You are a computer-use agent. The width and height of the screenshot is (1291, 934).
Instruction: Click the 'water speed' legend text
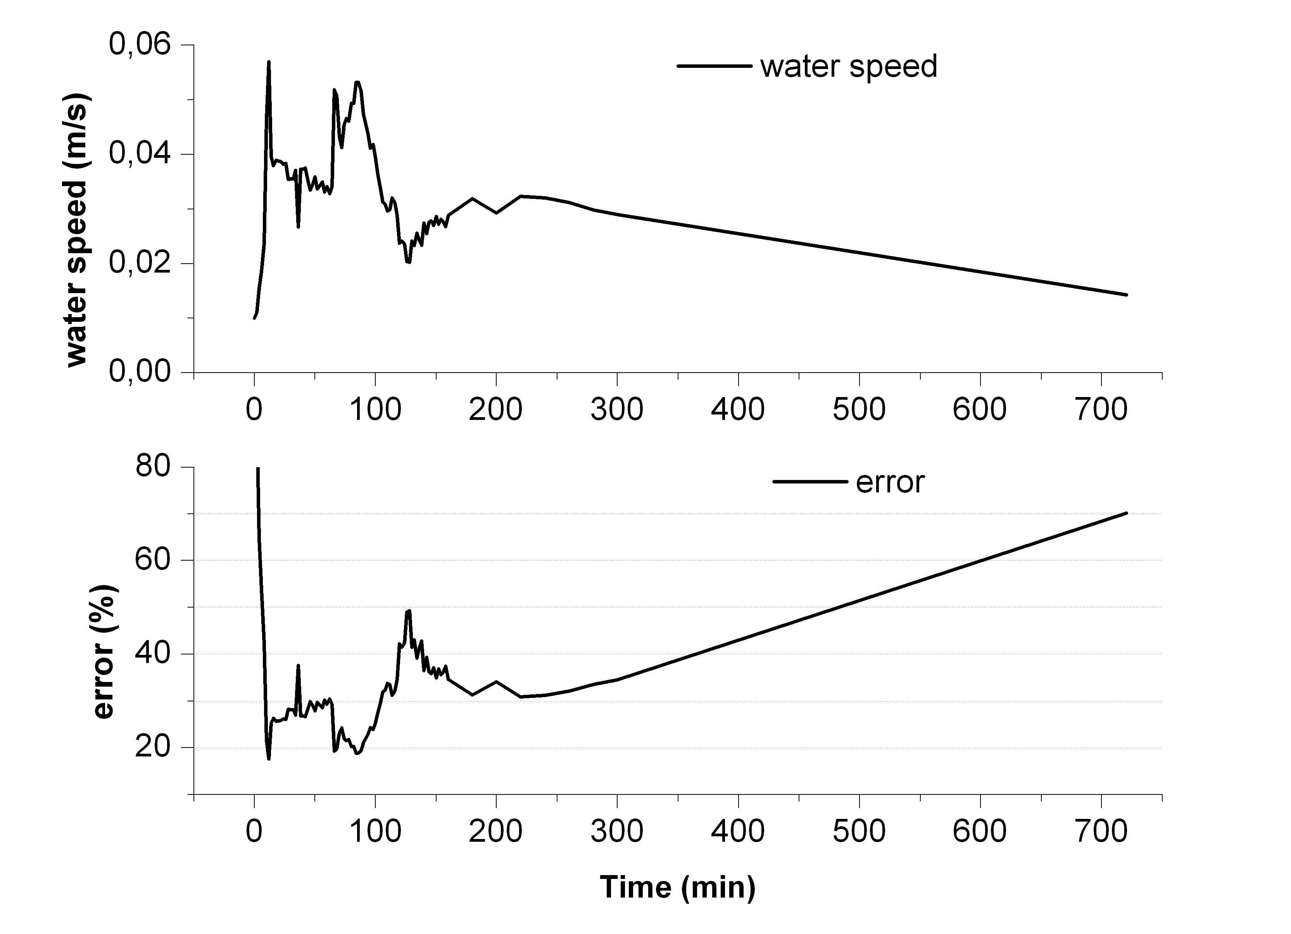[848, 67]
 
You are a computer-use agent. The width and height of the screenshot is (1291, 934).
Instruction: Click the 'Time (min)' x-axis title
[677, 887]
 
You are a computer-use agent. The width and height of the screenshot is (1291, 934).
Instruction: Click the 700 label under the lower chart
[1101, 831]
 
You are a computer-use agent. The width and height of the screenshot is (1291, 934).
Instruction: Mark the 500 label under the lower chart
[859, 831]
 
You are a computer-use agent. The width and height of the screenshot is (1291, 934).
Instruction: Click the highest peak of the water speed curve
[269, 62]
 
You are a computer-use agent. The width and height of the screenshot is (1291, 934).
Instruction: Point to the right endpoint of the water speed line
[1126, 295]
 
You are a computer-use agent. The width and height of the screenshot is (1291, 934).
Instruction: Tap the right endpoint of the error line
[1126, 513]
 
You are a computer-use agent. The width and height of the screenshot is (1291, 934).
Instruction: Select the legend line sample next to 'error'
[810, 482]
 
